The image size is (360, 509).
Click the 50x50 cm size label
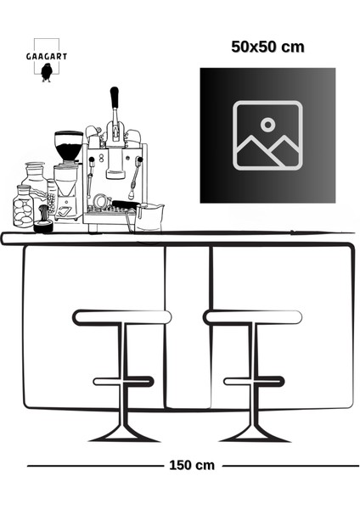267,48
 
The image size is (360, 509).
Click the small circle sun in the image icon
267,124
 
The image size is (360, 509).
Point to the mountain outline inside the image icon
267,151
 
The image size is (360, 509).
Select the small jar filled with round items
24,206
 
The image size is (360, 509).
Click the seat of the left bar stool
122,317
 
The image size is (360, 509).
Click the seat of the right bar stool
253,317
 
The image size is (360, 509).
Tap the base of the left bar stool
124,434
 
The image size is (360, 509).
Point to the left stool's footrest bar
123,381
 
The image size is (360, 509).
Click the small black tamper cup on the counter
43,227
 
